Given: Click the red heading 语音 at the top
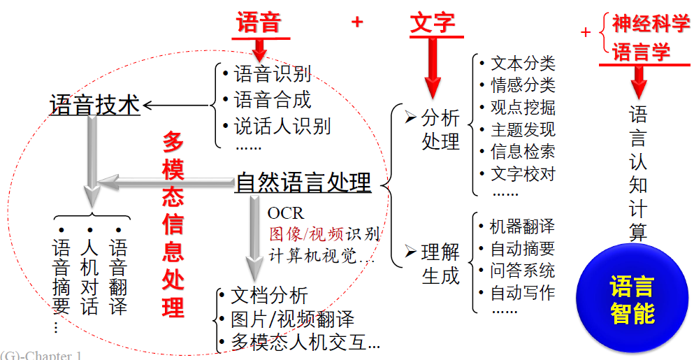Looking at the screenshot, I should pos(259,22).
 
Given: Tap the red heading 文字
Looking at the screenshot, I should pos(432,22).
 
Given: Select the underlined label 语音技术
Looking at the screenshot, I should pos(94,105).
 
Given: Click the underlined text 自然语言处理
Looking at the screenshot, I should pos(303,183).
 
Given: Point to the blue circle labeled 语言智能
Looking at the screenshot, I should pos(632,298).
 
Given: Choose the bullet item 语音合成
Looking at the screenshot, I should pos(273,100).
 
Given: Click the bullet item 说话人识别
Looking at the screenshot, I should pos(282,126).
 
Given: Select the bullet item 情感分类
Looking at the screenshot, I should pos(522,85).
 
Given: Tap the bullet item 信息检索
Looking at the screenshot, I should pos(522,152).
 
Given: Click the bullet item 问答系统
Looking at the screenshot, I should pos(522,271).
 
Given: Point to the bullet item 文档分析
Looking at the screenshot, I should pos(269,296).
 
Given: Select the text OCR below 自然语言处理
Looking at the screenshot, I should pos(286,213).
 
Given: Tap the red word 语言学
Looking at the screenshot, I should pos(642,52).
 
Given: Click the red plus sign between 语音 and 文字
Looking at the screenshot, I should pos(357,22).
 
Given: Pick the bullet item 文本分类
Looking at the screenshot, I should pos(522,63).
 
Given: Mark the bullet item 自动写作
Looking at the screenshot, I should pos(522,293).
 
